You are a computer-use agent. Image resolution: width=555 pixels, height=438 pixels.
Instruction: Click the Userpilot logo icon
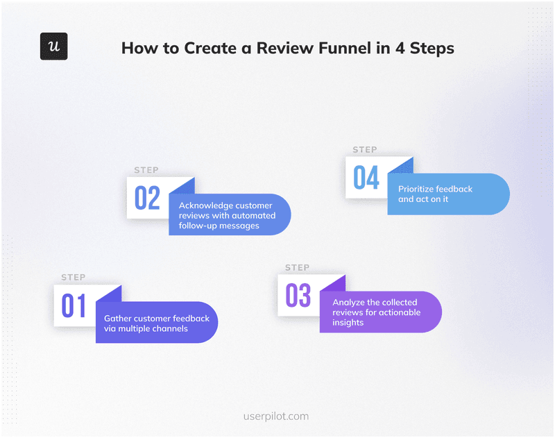[x=53, y=47]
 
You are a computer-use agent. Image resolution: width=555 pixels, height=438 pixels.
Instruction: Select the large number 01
[x=74, y=306]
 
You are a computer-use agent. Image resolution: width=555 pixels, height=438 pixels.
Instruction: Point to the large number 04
[x=366, y=178]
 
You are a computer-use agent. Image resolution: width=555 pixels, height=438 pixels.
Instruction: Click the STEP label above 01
[x=73, y=277]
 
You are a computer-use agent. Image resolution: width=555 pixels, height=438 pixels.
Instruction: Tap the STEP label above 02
[x=146, y=170]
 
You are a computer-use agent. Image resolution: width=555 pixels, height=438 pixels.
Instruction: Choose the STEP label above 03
[x=297, y=267]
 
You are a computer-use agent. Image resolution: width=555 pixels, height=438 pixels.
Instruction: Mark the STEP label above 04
[x=365, y=149]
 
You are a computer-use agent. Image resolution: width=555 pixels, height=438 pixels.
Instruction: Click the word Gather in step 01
[x=118, y=319]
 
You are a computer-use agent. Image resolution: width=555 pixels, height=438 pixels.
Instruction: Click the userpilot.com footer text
[x=277, y=416]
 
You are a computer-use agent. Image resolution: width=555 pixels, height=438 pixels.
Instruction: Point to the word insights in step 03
[x=348, y=323]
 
